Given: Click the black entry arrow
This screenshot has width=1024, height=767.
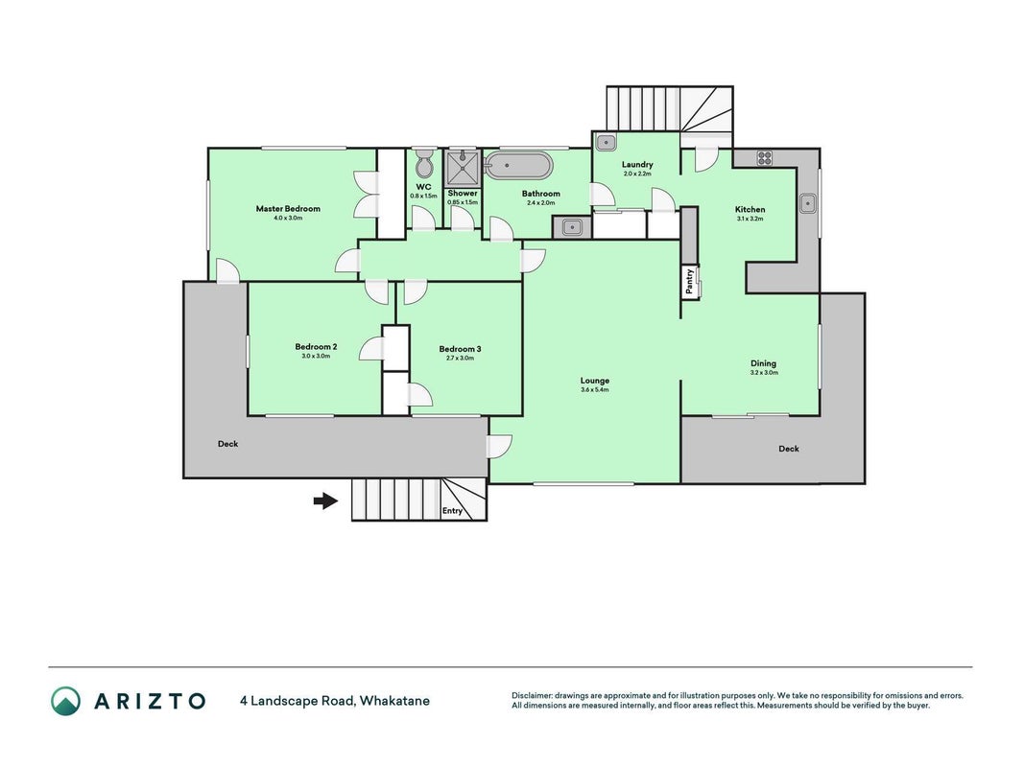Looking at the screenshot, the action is click(x=325, y=500).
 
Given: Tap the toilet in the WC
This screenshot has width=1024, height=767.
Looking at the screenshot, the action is click(x=424, y=163).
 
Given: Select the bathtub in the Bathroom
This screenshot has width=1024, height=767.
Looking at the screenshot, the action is click(x=519, y=166).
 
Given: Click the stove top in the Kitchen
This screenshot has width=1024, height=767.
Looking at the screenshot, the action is click(x=764, y=158).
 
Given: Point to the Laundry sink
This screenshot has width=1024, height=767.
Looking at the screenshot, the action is click(x=606, y=142).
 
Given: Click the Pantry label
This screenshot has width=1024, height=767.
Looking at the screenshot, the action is click(x=689, y=281).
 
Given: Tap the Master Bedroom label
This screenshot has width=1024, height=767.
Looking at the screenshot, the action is click(x=288, y=209).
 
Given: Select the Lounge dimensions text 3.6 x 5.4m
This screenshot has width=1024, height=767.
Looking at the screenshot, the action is click(x=595, y=390).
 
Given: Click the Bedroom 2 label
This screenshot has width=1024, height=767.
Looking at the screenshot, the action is click(x=316, y=347).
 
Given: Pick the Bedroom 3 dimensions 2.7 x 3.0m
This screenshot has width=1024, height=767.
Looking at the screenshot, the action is click(x=461, y=358).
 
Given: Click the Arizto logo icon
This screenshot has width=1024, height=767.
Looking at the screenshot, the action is click(x=66, y=701).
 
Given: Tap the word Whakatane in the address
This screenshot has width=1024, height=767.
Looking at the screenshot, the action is click(x=394, y=701).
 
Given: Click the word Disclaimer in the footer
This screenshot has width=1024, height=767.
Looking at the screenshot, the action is click(x=532, y=696).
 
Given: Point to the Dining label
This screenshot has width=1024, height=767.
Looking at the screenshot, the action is click(x=763, y=363).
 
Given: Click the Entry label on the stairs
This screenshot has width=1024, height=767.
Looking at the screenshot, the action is click(x=452, y=511).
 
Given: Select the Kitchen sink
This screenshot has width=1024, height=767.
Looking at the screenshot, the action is click(x=808, y=203).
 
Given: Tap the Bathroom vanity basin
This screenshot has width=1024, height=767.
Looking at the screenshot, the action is click(x=572, y=227).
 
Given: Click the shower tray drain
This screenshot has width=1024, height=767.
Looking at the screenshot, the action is click(x=463, y=157).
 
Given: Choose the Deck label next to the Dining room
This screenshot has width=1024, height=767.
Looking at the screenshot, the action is click(x=789, y=449).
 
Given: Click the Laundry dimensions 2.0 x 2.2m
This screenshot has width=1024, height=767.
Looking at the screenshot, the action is click(x=637, y=174).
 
